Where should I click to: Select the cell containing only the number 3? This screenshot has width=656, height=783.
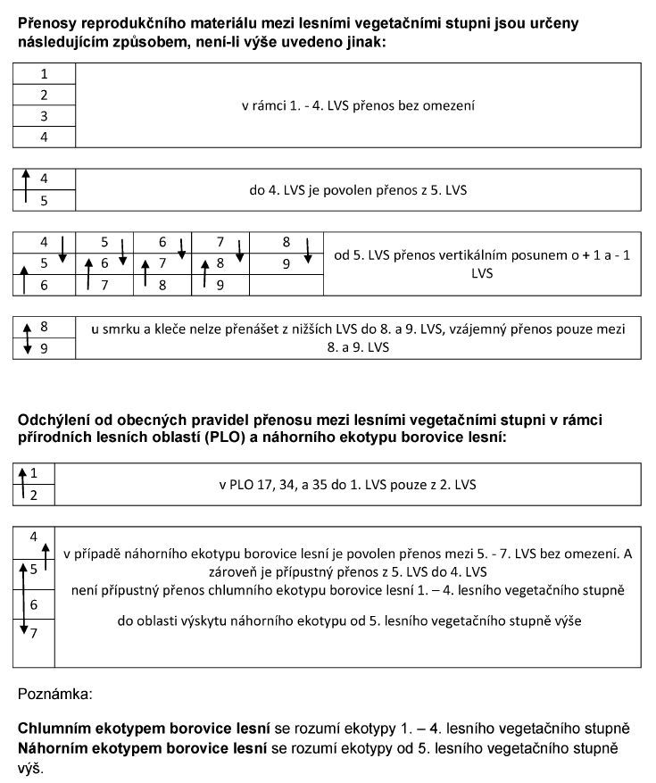[44, 116]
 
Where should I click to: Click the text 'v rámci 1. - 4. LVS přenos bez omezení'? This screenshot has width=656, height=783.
[358, 105]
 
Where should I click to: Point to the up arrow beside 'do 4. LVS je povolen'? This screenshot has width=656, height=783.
[26, 188]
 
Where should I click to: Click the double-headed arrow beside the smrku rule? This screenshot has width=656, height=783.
[26, 337]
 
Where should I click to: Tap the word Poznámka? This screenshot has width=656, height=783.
[54, 692]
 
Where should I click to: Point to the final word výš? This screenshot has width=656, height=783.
[31, 766]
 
